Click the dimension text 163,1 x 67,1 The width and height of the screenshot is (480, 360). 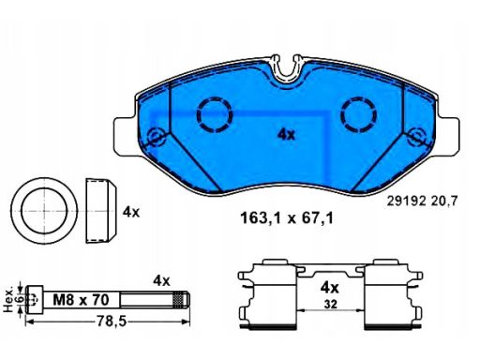click(287, 218)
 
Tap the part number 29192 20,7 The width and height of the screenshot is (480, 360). click(422, 201)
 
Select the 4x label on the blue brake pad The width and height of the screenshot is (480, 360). click(286, 135)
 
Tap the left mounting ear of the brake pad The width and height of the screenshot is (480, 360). click(125, 136)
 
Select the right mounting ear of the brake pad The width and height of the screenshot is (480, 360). click(448, 136)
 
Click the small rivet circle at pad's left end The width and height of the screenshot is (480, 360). click(156, 137)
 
